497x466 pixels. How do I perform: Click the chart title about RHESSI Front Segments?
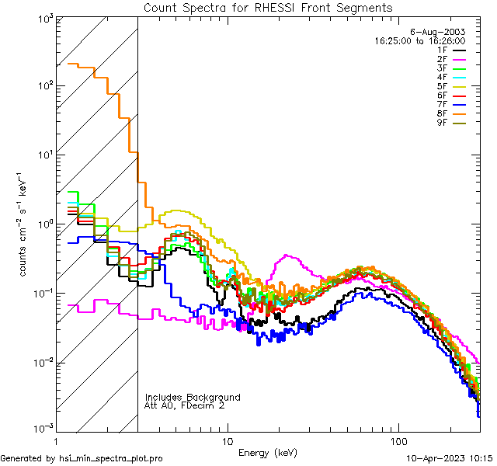tap(268, 8)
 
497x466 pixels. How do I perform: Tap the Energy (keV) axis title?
tap(268, 452)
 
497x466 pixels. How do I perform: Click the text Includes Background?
tap(193, 398)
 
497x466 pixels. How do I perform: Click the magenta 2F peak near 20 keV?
tap(289, 255)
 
